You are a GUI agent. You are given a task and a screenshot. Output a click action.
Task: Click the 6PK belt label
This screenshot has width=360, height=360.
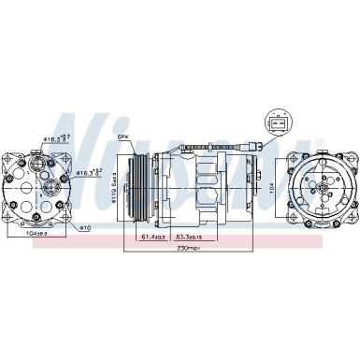click(122, 137)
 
